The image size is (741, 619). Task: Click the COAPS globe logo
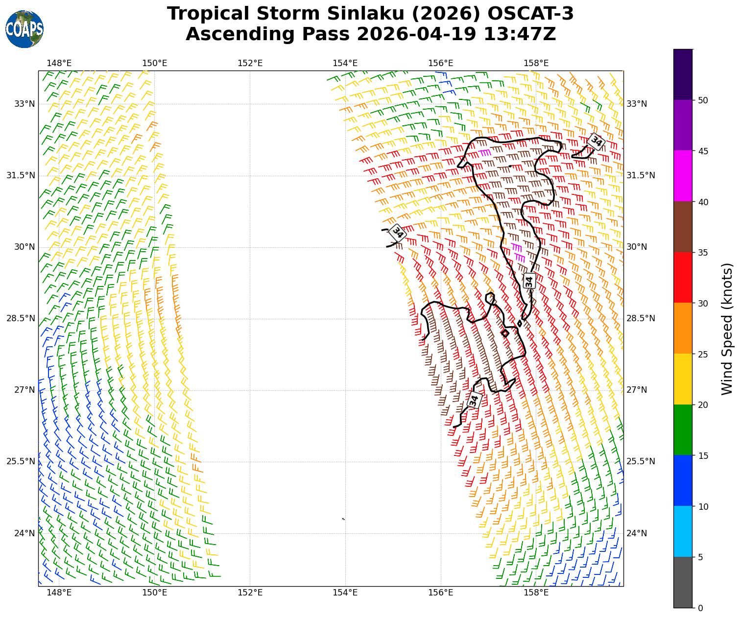(x=24, y=29)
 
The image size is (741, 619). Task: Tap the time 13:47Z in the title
(x=520, y=34)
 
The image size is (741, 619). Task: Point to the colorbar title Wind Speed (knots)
(x=727, y=329)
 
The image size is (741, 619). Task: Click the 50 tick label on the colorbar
(x=703, y=100)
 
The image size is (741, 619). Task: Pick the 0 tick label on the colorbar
(x=700, y=608)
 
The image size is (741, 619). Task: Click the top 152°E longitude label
(x=250, y=63)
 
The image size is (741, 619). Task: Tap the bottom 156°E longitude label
(x=440, y=593)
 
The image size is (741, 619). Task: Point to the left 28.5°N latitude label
(x=21, y=318)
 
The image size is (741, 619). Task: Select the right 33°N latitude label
(x=637, y=104)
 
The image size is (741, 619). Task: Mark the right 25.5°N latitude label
(x=641, y=461)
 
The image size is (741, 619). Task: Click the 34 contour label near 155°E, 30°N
(x=398, y=233)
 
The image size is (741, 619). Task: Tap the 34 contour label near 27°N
(x=474, y=400)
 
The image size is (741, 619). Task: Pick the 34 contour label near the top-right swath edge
(x=596, y=142)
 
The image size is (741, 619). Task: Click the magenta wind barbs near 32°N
(x=485, y=152)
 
